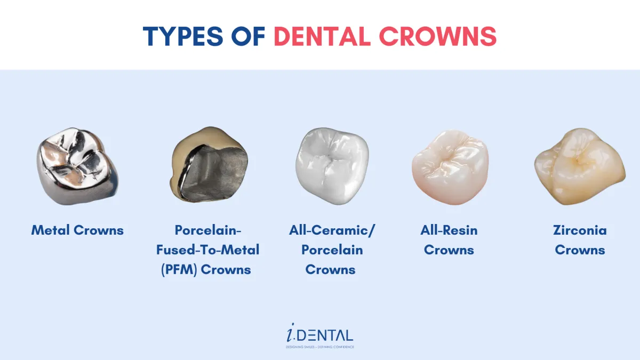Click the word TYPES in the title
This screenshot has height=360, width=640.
point(183,36)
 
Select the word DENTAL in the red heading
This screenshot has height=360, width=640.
point(322,36)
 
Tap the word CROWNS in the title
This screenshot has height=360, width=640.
point(438,36)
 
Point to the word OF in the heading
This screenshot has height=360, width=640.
point(249,36)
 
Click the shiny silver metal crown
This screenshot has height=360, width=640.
point(77,166)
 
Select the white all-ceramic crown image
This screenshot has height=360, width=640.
point(332,166)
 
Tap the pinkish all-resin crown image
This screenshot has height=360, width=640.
point(450,167)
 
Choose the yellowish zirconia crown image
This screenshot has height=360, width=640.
point(580,166)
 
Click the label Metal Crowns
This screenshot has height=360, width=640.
point(77,230)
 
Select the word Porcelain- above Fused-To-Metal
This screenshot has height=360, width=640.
point(208,230)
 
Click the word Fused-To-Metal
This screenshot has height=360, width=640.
point(207,250)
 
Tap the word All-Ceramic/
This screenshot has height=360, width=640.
point(332,230)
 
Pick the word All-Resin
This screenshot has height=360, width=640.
point(449,230)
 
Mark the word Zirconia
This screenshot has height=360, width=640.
point(580,230)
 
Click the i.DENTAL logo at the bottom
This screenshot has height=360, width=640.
point(320,333)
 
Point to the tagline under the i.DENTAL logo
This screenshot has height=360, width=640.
point(320,347)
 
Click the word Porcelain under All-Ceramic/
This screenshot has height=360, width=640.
point(332,250)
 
